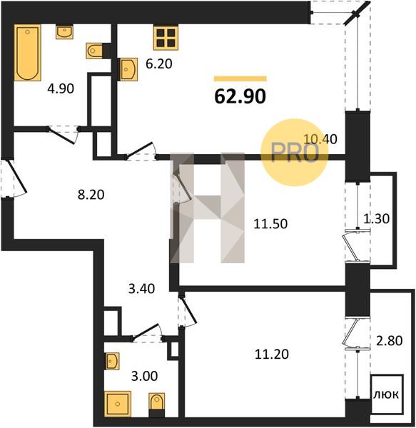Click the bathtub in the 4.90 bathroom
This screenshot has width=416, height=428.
pos(28,53)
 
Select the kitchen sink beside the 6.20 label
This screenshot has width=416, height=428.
pos(128,70)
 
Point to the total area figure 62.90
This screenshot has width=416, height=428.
pos(240,96)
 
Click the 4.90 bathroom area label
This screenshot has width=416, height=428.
pos(61,88)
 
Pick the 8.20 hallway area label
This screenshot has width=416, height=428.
pos(91,195)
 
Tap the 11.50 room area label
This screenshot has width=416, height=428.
pos(270,224)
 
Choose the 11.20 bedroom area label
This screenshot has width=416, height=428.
pos(272,355)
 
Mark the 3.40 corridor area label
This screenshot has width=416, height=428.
pos(142,289)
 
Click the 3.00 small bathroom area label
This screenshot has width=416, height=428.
pos(144,376)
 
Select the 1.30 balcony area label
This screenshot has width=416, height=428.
pos(377,219)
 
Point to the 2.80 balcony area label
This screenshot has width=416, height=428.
pos(390,341)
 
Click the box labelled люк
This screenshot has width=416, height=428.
pos(387,394)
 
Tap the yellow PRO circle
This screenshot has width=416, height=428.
pos(294,153)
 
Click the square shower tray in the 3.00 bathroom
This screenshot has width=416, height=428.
pos(118,404)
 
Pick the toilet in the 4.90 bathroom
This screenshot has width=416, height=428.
pos(95,51)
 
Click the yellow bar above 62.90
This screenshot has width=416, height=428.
pos(240,78)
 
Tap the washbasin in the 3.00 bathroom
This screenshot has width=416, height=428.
pos(112,361)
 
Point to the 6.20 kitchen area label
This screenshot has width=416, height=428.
pos(159,64)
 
